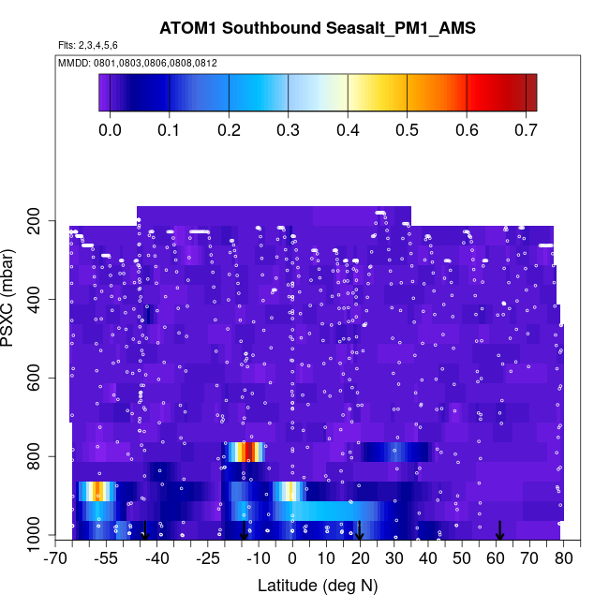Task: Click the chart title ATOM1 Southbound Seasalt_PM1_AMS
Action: click(317, 28)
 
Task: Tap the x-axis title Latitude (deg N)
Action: click(317, 586)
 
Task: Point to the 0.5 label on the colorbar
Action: click(407, 129)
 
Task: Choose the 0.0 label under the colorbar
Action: click(110, 129)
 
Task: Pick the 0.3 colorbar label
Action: click(288, 129)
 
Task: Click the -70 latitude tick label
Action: click(56, 559)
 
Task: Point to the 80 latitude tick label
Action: click(563, 559)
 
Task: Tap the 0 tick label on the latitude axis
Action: click(292, 559)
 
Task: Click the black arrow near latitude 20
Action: click(360, 530)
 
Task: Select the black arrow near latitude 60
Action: click(499, 530)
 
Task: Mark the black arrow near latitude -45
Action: click(144, 530)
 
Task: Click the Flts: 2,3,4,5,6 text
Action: click(88, 45)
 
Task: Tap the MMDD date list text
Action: click(138, 62)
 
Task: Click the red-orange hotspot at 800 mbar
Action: click(245, 452)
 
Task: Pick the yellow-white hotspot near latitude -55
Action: click(97, 491)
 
